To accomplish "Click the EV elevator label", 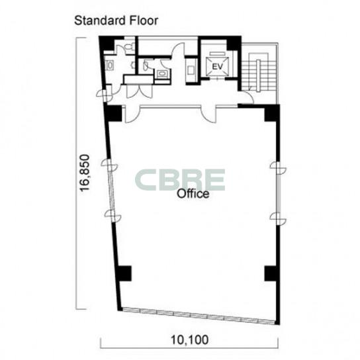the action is (217, 67).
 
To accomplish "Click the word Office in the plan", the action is (193, 194).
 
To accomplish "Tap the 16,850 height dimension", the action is (84, 173).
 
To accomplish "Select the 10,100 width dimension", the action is (190, 340).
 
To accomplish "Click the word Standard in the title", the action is (100, 21).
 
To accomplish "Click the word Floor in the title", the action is (144, 21).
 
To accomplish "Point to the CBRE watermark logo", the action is (180, 180).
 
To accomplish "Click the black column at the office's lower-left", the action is (124, 273).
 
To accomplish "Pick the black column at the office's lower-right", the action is (271, 273).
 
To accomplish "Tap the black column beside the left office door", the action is (113, 113).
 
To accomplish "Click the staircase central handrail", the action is (259, 75).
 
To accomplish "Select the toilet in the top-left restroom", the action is (129, 46).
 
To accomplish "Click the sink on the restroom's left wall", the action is (110, 66).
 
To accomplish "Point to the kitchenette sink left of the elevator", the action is (191, 70).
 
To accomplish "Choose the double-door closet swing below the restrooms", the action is (140, 92).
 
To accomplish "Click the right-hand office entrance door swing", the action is (208, 114).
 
